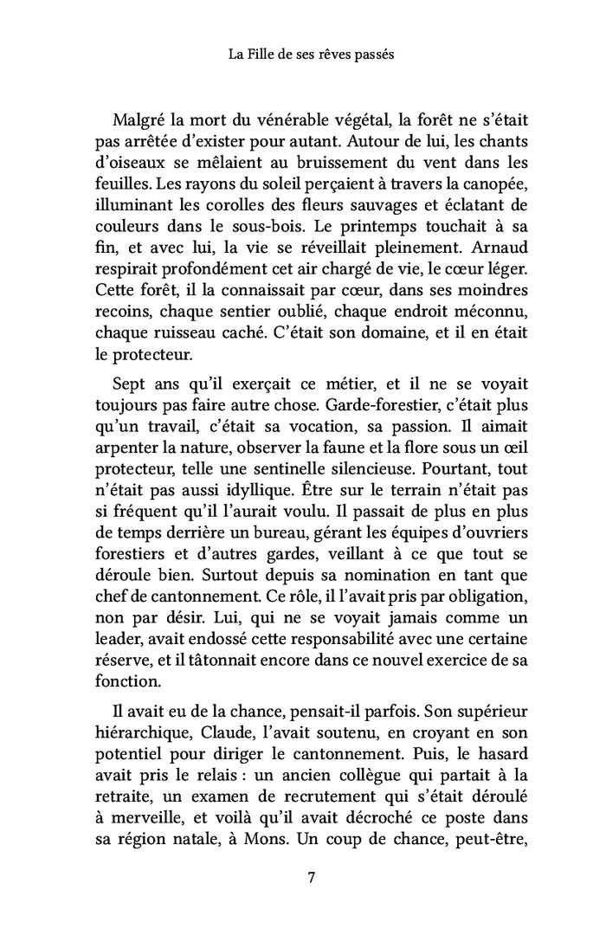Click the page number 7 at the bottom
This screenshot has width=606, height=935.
click(x=311, y=878)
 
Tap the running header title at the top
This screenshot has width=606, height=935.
click(x=311, y=55)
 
